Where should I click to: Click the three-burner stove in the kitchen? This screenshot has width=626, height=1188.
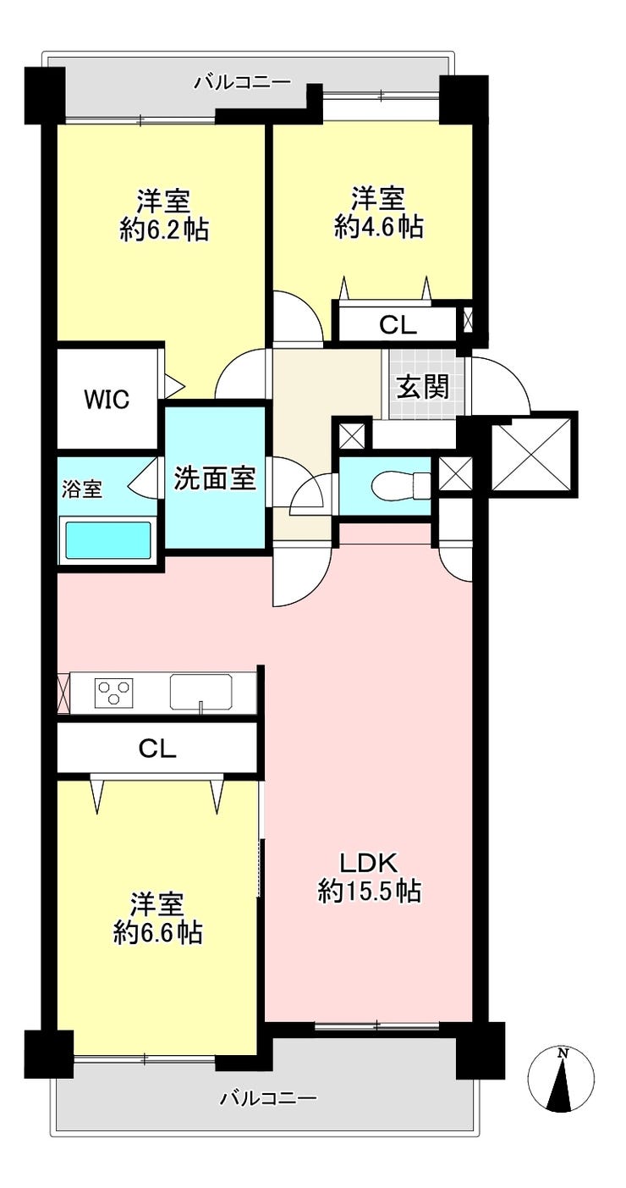pos(113,692)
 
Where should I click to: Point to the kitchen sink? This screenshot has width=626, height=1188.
pos(200,692)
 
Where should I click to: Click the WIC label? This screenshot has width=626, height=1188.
pos(107,400)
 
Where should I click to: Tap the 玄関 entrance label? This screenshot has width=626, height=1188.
pos(423,386)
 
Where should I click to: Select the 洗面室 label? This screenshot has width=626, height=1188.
pos(215,478)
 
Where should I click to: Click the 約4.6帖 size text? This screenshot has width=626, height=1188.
pos(378,228)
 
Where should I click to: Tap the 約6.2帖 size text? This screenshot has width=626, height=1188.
pos(164,229)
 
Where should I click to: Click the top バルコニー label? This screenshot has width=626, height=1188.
pos(243,82)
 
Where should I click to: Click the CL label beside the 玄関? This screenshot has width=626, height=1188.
pos(398,325)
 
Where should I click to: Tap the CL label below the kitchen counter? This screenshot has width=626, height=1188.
pos(156,749)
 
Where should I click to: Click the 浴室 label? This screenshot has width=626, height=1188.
pos(82,489)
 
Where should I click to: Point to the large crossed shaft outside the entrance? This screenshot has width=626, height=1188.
pos(531,454)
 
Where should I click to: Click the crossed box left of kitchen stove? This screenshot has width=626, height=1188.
pos(63,692)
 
